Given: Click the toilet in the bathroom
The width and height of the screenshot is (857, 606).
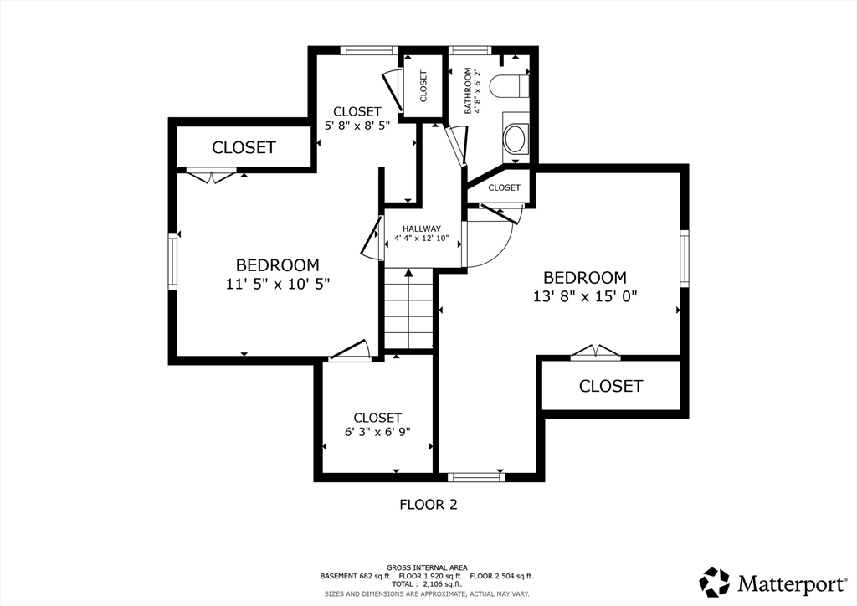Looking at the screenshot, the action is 509,86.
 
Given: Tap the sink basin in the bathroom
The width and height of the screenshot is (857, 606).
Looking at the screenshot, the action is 515,139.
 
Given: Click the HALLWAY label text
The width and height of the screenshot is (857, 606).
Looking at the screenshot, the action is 422,229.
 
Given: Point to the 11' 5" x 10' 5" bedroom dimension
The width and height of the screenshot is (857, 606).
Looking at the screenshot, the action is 278,284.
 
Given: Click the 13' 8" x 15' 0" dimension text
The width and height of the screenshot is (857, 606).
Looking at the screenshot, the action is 585,296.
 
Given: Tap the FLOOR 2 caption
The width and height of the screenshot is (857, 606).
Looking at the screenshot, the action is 428,505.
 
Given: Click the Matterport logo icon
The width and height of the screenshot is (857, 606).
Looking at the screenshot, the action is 715,582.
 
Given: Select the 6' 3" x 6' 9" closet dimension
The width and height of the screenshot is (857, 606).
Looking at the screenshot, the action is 377,432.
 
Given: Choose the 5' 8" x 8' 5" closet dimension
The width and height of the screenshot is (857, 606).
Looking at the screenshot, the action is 357,126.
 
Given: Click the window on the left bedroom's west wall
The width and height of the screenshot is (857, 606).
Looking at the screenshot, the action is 172,260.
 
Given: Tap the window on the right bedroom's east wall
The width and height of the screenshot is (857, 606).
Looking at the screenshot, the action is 684,259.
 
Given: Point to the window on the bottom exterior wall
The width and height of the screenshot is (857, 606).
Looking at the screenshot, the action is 476,477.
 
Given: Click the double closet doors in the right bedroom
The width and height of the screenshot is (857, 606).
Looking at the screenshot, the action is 596,353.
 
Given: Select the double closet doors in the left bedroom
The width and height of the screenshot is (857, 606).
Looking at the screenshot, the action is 212,175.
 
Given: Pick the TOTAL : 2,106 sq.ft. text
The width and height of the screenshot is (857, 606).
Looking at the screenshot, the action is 426,584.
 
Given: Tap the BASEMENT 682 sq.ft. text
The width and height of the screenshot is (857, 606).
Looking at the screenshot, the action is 355,576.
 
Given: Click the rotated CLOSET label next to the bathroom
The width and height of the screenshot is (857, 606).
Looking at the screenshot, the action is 423,86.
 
